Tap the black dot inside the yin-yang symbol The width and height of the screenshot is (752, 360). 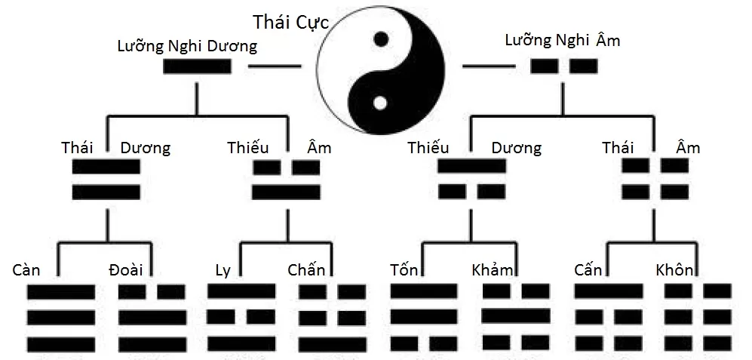pos(382,38)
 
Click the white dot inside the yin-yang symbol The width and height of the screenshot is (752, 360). pos(382,101)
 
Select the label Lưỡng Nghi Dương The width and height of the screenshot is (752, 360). pos(187,46)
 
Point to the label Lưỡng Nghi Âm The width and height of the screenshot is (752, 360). pos(562,40)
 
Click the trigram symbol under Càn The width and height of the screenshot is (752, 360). pos(61,318)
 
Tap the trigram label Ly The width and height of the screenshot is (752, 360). pos(223,269)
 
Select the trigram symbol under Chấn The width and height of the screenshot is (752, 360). pos(333,318)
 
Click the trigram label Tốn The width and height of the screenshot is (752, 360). pos(406,269)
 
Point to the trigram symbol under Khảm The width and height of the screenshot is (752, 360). pos(516,318)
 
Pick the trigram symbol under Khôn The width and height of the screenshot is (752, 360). pos(698,318)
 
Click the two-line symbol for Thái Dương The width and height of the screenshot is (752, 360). pos(106,180)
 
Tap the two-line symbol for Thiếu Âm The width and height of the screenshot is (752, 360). pos(286,180)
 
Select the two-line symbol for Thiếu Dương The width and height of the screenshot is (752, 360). pos(471,180)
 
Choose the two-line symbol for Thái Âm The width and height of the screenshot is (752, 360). pos(655,180)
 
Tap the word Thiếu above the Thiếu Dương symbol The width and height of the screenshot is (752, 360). pos(428,147)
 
